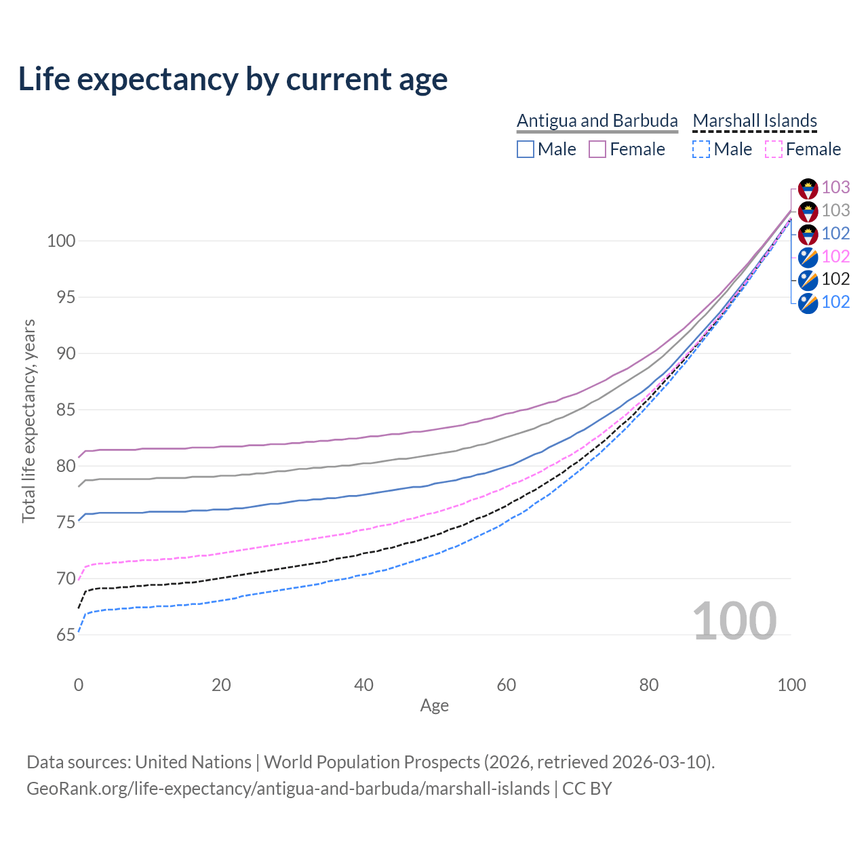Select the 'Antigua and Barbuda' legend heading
[x=597, y=121]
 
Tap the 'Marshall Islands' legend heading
[x=755, y=121]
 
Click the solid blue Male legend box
[x=526, y=149]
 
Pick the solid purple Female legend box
[x=597, y=149]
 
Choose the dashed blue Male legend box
[x=701, y=149]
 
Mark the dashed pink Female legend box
[x=774, y=149]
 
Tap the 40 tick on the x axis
[x=363, y=685]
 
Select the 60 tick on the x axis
[x=507, y=685]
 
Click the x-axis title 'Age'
[x=434, y=706]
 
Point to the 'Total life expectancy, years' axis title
[x=28, y=420]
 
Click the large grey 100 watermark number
[x=734, y=621]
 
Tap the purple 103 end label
[x=835, y=187]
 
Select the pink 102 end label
[x=835, y=256]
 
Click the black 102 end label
[x=835, y=279]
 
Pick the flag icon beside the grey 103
[x=808, y=212]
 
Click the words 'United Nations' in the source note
[x=193, y=762]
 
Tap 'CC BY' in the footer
[x=587, y=789]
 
